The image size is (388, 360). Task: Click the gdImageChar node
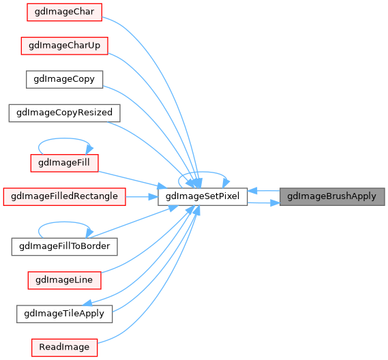(64, 12)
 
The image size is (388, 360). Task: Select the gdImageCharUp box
(64, 46)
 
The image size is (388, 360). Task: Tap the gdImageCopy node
(64, 79)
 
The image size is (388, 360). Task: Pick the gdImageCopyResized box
(64, 113)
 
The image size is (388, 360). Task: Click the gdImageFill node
(64, 163)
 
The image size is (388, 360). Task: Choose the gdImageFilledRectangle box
(64, 196)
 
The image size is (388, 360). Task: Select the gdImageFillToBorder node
(64, 247)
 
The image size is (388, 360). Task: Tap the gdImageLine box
(64, 280)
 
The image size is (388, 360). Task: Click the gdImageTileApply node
(64, 314)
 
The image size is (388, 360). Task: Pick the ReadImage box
(64, 348)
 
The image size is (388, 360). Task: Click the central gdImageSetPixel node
(203, 196)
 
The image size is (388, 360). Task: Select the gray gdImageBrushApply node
(332, 196)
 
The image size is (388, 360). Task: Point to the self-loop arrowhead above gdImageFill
(89, 149)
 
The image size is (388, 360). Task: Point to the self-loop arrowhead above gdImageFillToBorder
(89, 233)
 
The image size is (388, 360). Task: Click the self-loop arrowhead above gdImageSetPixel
(226, 183)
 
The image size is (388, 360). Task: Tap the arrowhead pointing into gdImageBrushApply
(275, 203)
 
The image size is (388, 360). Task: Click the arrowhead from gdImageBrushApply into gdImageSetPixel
(252, 191)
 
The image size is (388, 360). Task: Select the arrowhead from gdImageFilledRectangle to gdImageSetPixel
(153, 197)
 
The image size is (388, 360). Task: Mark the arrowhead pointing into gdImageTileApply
(87, 303)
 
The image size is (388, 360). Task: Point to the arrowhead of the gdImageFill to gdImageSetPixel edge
(162, 186)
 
